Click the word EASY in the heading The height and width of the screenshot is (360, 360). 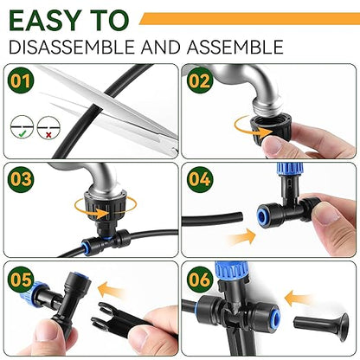click(43, 18)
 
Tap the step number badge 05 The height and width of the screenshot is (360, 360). click(21, 280)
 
